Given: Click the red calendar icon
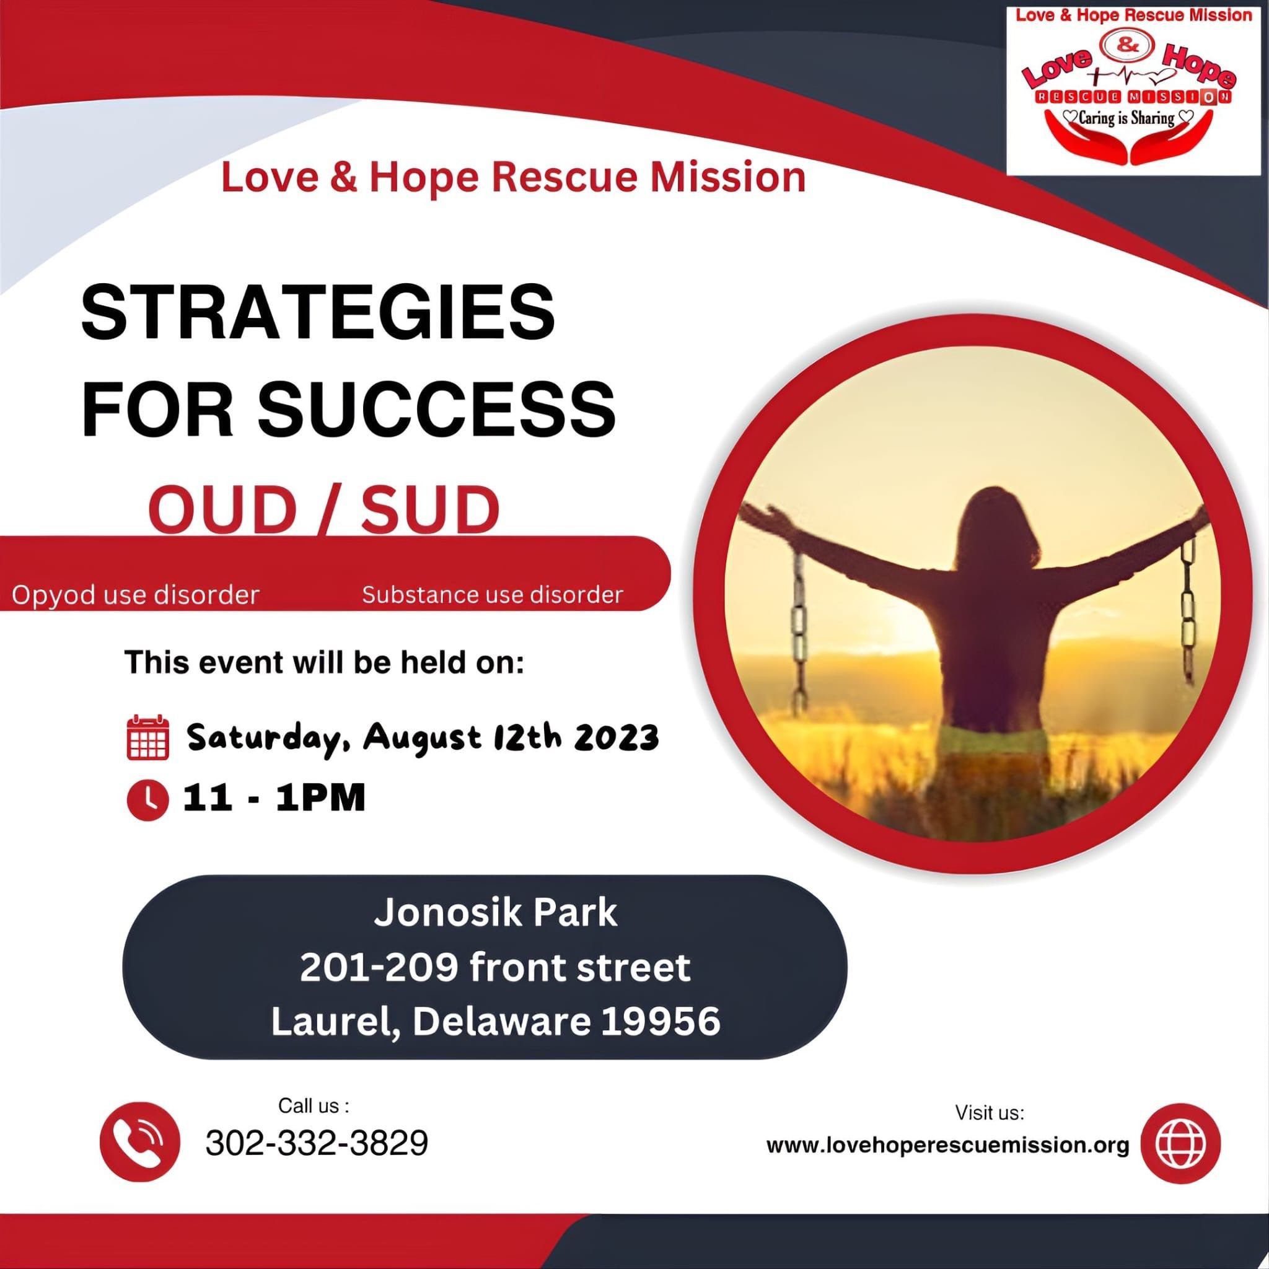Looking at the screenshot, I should (148, 738).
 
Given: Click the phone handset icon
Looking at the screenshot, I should (139, 1141).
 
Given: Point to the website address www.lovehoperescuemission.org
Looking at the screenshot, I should (948, 1145).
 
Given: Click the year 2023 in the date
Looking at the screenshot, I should (616, 737).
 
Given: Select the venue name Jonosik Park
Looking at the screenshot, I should (496, 913).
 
